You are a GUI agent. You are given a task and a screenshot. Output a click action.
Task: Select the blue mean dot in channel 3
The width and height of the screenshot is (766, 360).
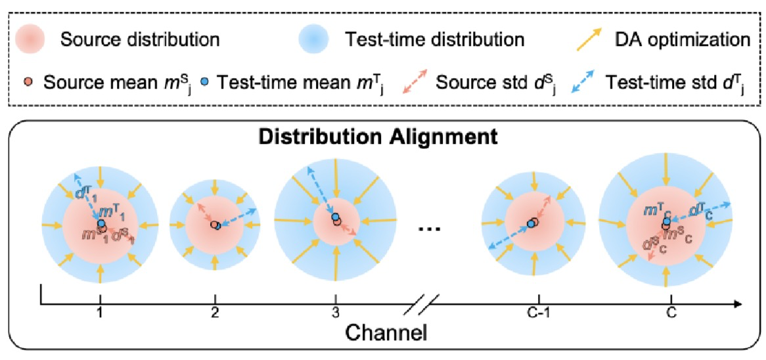[335, 217]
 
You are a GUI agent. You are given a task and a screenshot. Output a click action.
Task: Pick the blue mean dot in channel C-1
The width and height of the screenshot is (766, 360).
[530, 224]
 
